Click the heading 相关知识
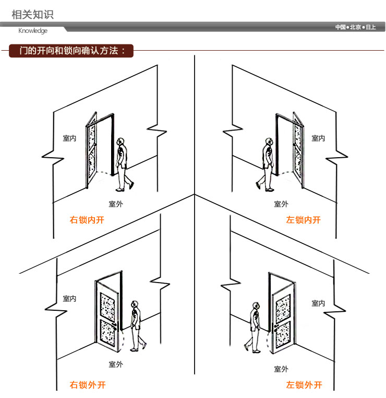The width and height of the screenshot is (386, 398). point(32,14)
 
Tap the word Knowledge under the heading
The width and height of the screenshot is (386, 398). point(33,31)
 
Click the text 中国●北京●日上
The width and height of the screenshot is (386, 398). point(355,27)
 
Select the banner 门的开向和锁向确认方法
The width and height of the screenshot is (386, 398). point(72,51)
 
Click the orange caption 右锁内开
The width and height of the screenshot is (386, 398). point(87,220)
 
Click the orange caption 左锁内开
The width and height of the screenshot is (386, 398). point(304,220)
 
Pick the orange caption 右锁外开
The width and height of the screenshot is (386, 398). point(88,385)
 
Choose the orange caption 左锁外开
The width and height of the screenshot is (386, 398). point(304,385)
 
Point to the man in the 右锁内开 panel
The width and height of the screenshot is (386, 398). point(123,164)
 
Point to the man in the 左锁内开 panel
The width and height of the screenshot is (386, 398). point(267,164)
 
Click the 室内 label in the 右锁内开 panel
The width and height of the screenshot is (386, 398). point(69,138)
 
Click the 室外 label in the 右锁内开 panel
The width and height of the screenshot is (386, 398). point(116,204)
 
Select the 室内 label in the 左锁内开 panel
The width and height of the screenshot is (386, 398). point(318,138)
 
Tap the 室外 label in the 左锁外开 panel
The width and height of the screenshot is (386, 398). point(281,369)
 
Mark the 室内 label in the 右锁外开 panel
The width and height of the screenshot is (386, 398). point(69,299)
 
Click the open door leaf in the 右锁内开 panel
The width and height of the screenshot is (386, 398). point(92,151)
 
